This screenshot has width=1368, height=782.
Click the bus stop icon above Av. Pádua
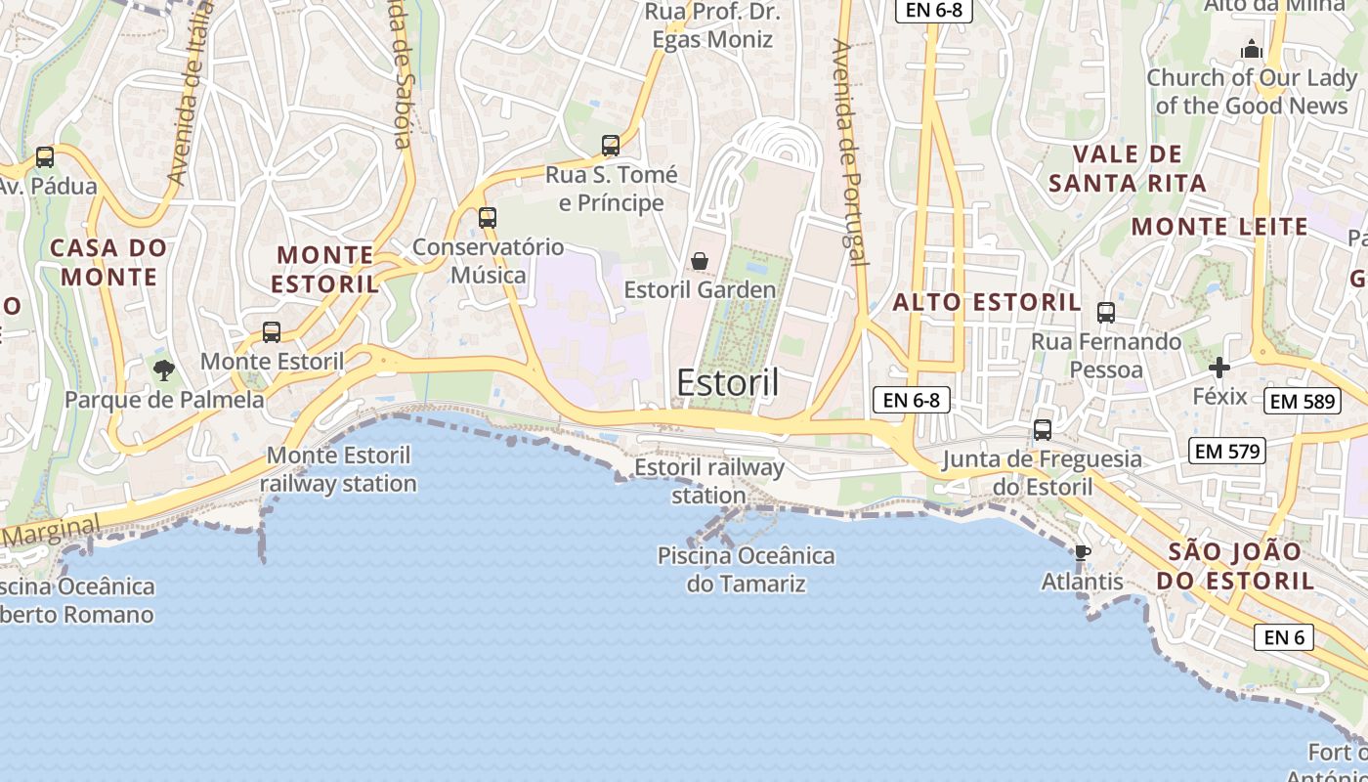44,156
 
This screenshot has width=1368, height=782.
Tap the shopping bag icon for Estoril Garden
700,261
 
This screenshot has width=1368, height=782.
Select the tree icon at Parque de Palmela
163,369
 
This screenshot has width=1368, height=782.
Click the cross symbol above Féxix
1219,368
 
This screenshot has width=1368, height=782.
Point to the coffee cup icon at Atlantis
1082,553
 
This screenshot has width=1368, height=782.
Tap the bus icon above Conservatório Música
488,218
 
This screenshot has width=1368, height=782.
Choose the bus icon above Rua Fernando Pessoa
1106,313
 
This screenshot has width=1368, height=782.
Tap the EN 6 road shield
1284,637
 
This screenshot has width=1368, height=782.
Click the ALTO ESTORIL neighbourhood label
987,302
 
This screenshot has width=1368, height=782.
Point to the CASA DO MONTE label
108,262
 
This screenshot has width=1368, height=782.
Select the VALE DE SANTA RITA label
1128,168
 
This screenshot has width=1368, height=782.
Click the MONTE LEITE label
1219,227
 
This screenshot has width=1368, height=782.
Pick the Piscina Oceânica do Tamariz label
747,570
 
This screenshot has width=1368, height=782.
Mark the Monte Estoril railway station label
338,469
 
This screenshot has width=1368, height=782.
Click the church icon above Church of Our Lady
1252,49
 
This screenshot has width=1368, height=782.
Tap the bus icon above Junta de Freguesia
1043,430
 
